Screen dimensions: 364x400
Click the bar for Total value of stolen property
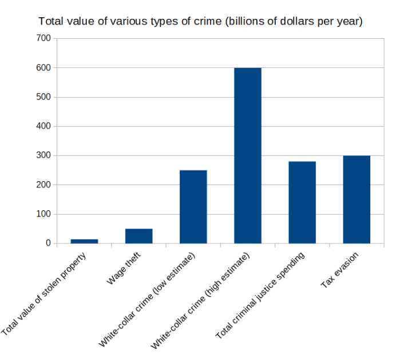[x=84, y=241]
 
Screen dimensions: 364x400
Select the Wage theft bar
[x=138, y=236]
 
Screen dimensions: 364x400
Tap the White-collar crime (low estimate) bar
[x=193, y=207]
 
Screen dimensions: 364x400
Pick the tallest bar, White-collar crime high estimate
[x=247, y=155]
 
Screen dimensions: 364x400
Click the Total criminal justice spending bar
[x=302, y=202]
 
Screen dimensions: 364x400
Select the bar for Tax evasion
[x=356, y=199]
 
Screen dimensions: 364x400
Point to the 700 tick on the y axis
[x=43, y=38]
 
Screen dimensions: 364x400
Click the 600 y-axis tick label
[x=43, y=67]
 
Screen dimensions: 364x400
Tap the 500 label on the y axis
[x=43, y=97]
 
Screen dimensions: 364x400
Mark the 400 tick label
[x=43, y=126]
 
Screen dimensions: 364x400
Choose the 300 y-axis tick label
[x=43, y=155]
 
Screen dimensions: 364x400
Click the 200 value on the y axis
[x=43, y=185]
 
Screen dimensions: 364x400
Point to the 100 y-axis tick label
[x=43, y=214]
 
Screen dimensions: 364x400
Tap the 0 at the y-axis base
[x=48, y=243]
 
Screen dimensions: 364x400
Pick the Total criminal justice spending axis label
[x=260, y=295]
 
